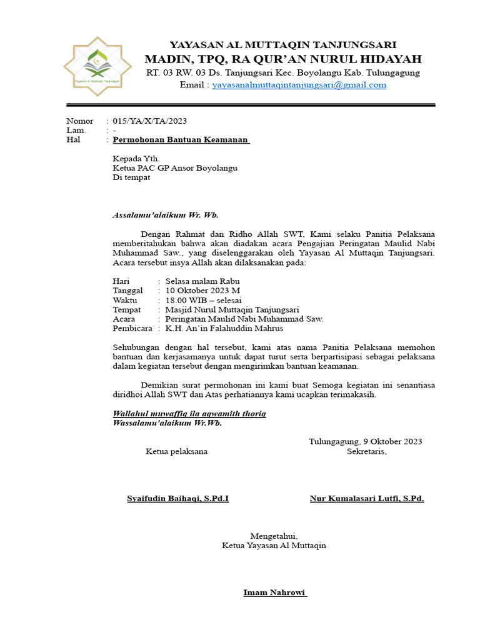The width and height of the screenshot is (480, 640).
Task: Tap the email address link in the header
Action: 299,85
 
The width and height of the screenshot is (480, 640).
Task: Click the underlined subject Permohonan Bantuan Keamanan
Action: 181,140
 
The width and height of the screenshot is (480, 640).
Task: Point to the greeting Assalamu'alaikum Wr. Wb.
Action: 165,215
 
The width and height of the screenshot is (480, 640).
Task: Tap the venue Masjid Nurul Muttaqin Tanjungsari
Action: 232,309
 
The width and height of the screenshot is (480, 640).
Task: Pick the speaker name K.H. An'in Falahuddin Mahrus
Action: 224,328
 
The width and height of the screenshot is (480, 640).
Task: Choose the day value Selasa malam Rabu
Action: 202,281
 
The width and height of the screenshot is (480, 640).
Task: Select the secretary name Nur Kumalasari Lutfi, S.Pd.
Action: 367,499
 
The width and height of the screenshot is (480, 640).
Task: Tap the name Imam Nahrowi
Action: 274,592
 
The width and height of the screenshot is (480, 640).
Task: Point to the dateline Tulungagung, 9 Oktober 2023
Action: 366,441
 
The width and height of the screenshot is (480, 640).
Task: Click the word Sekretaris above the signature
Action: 367,451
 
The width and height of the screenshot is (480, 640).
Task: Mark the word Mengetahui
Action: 274,536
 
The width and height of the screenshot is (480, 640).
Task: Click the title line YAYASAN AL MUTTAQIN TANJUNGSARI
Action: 283,45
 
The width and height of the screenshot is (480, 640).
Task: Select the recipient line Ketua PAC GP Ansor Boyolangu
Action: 175,167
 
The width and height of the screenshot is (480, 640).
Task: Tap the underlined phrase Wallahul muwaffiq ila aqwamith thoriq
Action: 189,414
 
